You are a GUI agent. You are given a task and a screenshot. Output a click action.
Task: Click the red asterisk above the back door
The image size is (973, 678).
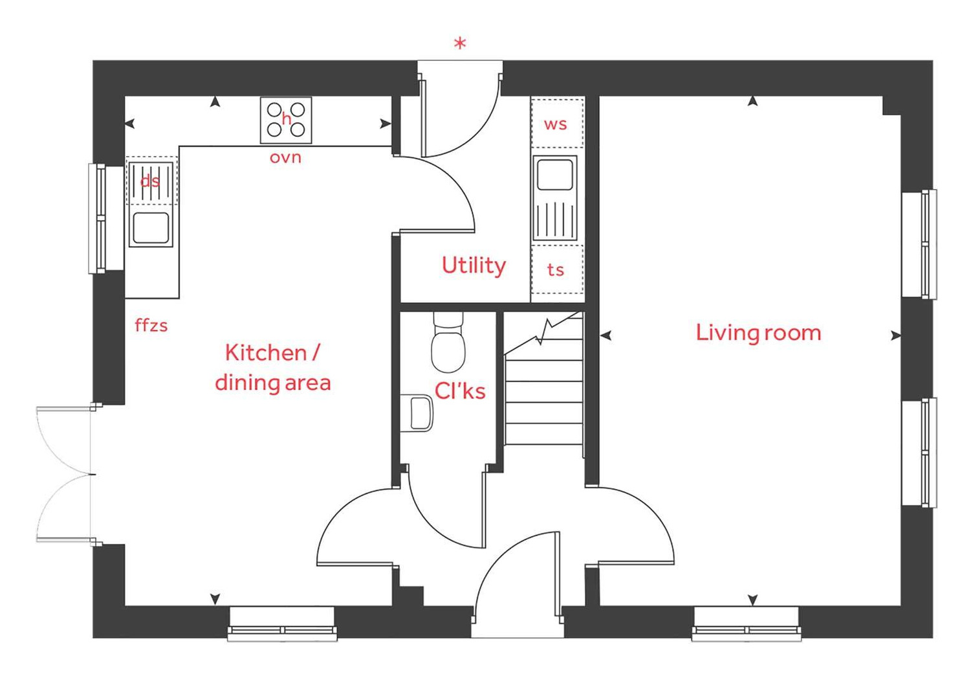(460, 44)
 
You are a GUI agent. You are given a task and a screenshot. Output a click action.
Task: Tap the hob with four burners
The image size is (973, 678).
(286, 120)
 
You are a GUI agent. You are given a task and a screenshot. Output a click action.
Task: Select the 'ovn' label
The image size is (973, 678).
(285, 157)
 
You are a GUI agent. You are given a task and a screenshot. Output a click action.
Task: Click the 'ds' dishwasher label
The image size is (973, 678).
(150, 181)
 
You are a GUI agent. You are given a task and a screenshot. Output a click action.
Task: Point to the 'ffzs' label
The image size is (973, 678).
(151, 325)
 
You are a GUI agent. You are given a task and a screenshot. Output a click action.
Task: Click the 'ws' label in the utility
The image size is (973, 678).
(556, 124)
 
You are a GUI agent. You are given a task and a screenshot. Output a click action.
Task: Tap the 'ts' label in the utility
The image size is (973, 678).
(556, 269)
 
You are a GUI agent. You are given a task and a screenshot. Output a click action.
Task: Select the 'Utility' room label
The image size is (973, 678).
(474, 266)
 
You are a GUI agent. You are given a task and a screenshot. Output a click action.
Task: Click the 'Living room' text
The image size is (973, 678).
(758, 333)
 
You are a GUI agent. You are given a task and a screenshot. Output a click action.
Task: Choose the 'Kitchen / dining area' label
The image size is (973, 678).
(272, 368)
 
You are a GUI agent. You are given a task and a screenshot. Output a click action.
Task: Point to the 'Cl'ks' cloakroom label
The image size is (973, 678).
(460, 390)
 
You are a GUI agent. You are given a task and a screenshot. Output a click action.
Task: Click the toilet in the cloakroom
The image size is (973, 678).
(448, 343)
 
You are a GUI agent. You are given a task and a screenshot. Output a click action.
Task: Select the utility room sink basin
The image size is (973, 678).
(555, 174)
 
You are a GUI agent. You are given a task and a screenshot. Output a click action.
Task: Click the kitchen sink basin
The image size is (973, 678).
(151, 228)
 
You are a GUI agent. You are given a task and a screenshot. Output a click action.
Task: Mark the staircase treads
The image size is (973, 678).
(543, 401)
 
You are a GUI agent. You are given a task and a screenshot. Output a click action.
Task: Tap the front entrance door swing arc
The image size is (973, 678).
(511, 570)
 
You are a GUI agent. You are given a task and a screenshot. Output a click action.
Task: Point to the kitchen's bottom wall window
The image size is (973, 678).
(282, 624)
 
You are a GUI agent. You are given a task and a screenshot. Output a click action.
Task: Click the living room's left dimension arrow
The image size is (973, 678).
(606, 335)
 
